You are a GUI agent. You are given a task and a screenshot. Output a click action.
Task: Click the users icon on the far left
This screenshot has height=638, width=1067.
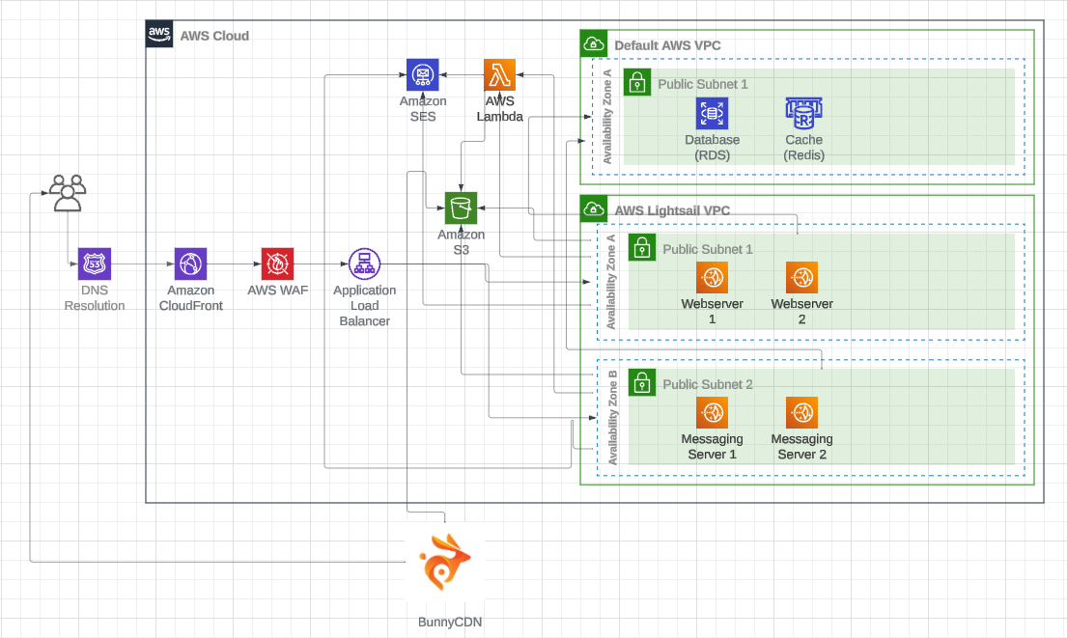67,192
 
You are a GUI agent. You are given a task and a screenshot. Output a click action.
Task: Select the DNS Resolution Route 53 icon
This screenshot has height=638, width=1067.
95,264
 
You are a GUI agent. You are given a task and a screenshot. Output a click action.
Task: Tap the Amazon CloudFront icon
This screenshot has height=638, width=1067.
190,264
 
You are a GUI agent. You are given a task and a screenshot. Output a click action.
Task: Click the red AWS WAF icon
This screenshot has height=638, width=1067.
277,264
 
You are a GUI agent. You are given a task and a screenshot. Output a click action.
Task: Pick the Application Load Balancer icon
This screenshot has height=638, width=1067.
364,264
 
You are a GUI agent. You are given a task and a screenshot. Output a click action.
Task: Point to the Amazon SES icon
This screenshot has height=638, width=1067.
423,75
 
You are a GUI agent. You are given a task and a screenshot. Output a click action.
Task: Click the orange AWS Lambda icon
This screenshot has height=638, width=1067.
499,75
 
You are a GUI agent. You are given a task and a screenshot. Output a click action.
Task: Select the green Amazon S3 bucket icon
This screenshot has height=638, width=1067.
461,208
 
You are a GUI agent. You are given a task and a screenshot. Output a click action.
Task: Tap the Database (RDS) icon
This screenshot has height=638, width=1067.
712,113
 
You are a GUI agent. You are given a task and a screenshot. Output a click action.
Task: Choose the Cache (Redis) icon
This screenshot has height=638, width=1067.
803,113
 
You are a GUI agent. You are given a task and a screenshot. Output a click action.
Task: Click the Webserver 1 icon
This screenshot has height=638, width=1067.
712,277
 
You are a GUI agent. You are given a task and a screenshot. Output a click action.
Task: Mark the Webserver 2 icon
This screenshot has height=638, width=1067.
801,277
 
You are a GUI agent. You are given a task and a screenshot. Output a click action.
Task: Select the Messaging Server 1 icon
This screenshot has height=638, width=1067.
712,413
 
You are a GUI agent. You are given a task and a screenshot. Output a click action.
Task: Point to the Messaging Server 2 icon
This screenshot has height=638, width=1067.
801,413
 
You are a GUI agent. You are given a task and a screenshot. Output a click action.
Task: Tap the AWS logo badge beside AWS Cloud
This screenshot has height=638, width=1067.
159,35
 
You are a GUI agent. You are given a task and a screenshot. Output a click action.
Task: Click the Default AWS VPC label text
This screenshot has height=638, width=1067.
667,45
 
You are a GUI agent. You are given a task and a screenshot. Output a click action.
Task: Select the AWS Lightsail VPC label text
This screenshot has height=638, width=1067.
672,209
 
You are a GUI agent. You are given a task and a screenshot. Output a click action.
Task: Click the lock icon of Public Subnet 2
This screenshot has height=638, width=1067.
641,382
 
